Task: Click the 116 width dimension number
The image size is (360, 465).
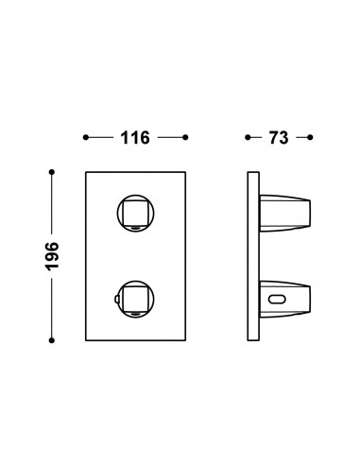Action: [135, 138]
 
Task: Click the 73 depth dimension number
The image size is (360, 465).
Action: [279, 138]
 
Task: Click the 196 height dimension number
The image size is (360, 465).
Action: [52, 256]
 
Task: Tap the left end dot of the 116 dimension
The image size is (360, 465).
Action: [86, 137]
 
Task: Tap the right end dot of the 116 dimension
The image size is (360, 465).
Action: [185, 137]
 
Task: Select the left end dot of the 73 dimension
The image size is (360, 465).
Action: [248, 137]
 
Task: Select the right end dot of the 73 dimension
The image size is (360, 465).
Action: [310, 137]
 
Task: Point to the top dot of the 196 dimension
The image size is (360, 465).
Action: [52, 172]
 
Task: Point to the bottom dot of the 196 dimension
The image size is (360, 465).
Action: [52, 340]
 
